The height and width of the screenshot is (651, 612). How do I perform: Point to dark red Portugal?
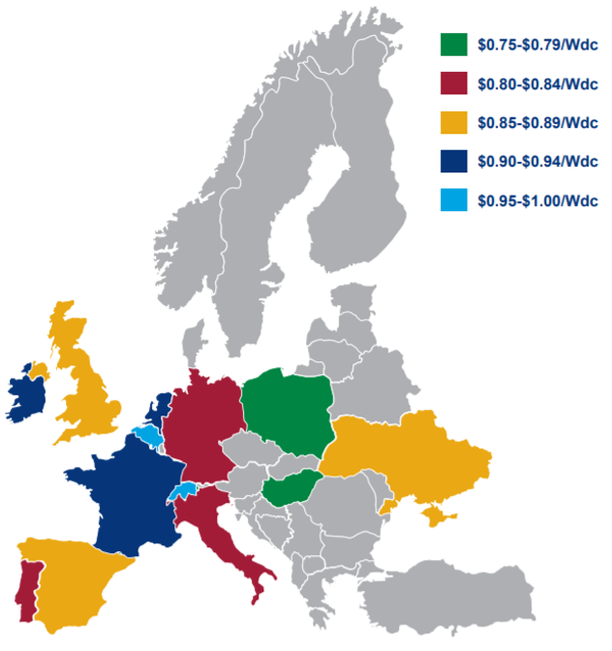pyautogui.click(x=26, y=587)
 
